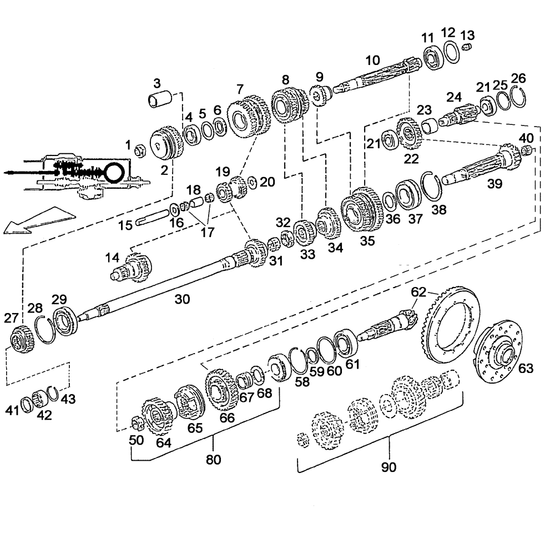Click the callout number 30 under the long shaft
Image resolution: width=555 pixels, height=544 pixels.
[x=182, y=299]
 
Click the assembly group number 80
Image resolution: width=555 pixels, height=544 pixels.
[x=214, y=460]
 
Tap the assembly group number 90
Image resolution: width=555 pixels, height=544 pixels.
[x=389, y=467]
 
